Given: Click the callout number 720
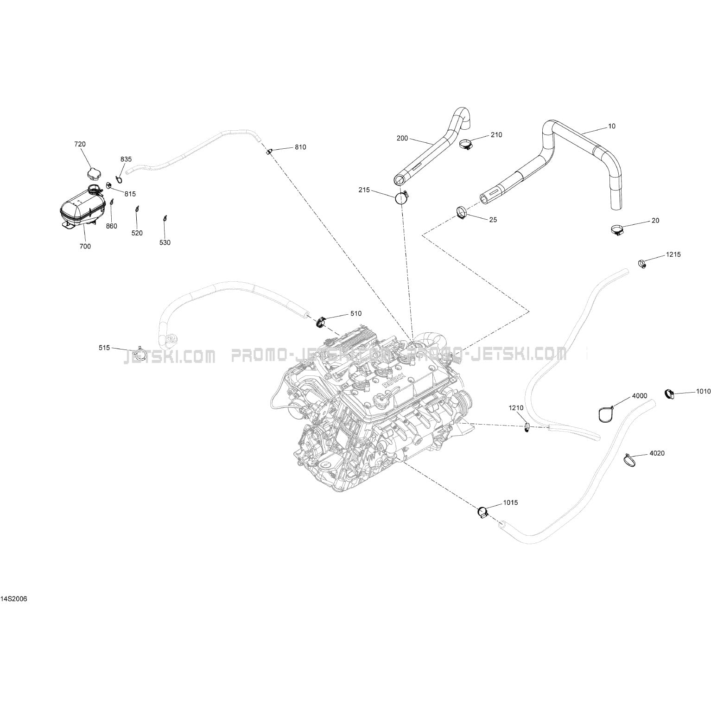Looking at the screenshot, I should pyautogui.click(x=80, y=144).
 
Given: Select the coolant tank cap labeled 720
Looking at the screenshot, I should pyautogui.click(x=93, y=174).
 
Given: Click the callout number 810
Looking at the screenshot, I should pyautogui.click(x=300, y=147).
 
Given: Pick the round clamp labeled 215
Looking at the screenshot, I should pyautogui.click(x=401, y=198).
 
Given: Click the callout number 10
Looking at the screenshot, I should pyautogui.click(x=612, y=126).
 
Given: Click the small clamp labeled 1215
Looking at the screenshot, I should pyautogui.click(x=642, y=264).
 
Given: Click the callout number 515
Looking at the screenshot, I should pyautogui.click(x=104, y=348).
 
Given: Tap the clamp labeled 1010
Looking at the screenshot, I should pyautogui.click(x=669, y=394).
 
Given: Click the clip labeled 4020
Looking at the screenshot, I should pyautogui.click(x=630, y=460).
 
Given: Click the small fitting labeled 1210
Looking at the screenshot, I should pyautogui.click(x=527, y=427).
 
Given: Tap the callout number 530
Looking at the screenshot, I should pyautogui.click(x=165, y=243).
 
